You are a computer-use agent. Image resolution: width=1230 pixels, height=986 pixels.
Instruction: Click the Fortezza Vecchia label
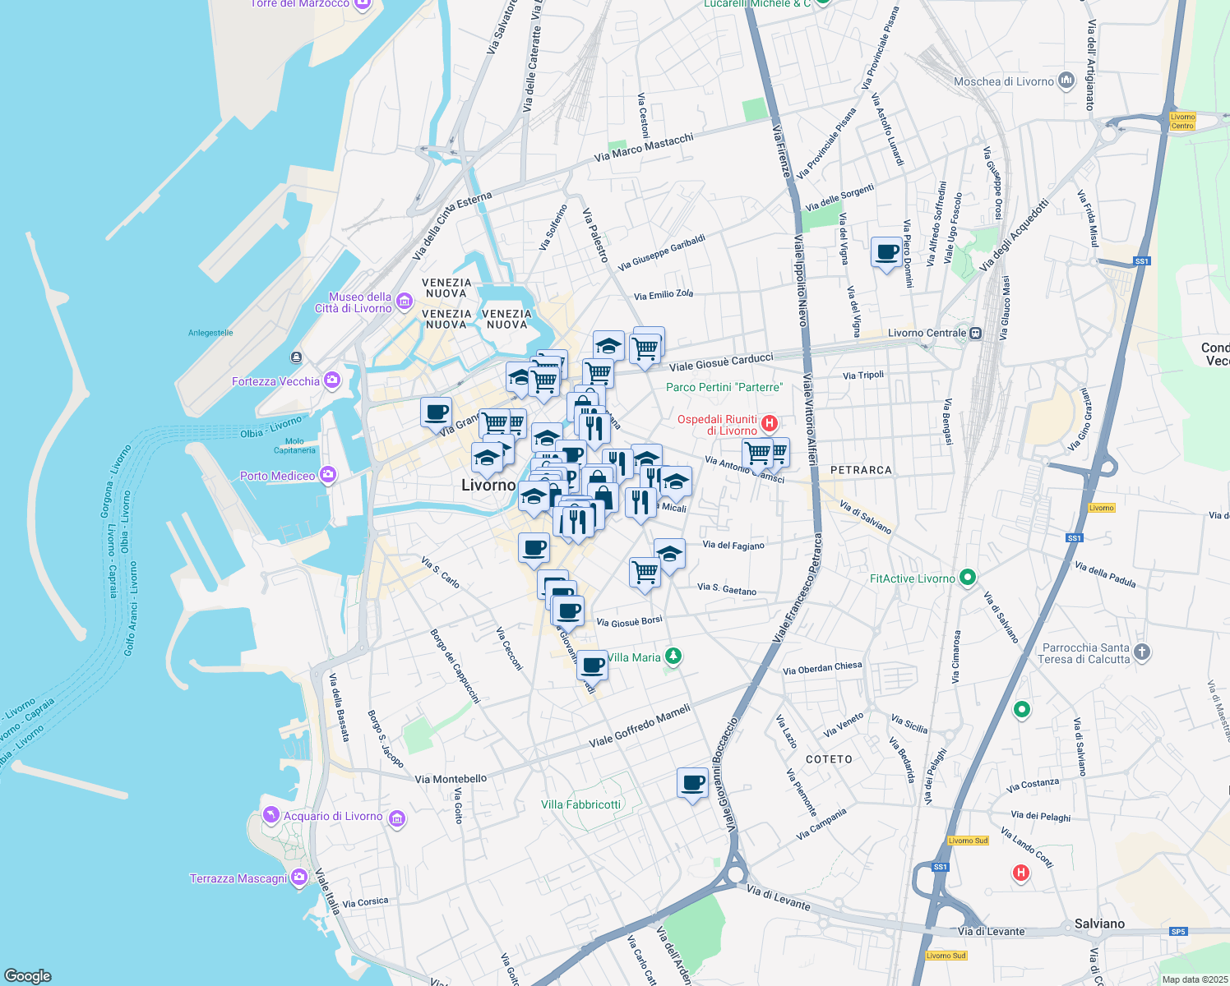tap(275, 381)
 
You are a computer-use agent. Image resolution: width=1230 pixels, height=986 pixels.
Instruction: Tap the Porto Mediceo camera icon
tap(328, 475)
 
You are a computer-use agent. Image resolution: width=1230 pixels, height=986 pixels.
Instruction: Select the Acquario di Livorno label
tap(333, 816)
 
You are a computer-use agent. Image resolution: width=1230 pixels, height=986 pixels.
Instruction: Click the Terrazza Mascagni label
tap(238, 878)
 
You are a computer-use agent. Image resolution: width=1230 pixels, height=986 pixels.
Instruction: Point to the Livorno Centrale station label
tap(927, 333)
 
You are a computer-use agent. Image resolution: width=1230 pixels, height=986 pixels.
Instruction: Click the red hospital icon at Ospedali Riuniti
tap(769, 424)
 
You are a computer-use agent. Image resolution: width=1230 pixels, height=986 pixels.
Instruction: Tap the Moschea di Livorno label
tap(1003, 81)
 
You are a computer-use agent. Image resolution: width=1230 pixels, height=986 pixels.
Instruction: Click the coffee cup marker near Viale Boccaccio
tap(692, 782)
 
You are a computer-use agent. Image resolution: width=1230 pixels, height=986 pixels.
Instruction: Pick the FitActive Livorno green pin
tap(968, 578)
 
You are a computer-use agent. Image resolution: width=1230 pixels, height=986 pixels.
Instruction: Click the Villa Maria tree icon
tap(673, 656)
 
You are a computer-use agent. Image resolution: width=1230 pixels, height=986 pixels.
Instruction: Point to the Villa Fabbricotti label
tap(580, 804)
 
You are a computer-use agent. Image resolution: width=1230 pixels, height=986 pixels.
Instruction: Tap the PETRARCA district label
tap(861, 470)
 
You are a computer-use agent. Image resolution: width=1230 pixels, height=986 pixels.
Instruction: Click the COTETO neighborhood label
tap(829, 759)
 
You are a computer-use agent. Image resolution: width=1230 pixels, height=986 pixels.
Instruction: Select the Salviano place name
tap(1099, 924)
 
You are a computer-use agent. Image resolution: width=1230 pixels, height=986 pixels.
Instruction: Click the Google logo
tap(27, 975)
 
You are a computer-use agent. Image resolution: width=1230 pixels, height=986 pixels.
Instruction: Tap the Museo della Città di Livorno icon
tap(404, 302)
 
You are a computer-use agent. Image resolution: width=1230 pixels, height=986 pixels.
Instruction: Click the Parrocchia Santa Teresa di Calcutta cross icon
tap(1142, 652)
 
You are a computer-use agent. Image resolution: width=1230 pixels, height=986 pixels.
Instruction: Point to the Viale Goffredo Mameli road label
tap(640, 726)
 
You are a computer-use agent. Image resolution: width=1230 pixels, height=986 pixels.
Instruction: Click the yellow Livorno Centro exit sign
tap(1182, 121)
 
